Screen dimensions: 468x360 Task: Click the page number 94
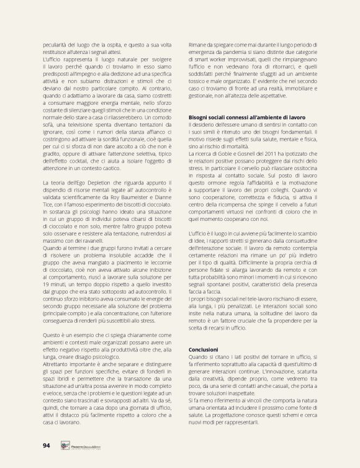coord(47,444)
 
